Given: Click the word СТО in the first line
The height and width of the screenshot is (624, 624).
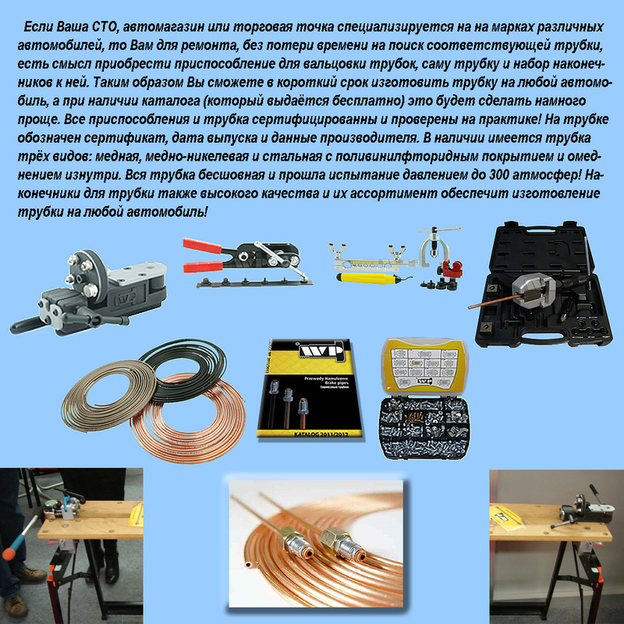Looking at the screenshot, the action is click(x=105, y=27).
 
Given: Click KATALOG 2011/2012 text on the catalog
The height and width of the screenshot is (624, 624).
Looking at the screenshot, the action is click(x=321, y=434).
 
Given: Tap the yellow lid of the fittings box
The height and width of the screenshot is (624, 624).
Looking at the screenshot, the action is click(x=424, y=365).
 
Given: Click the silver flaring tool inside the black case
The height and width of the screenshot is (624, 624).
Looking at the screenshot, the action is click(x=534, y=290).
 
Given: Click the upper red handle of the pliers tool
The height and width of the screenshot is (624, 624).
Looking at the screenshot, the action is click(x=203, y=246).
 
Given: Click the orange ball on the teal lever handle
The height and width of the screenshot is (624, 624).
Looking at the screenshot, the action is click(x=9, y=552).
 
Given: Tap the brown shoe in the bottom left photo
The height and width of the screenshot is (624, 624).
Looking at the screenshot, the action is click(x=30, y=575).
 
